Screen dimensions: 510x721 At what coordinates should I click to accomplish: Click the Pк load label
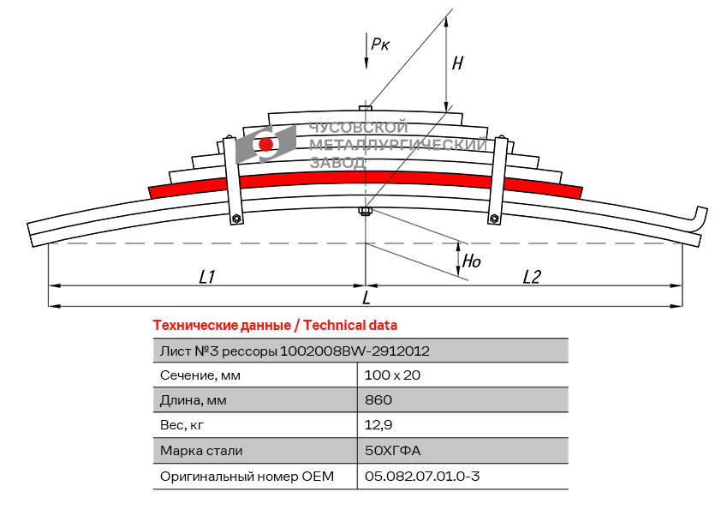[380, 44]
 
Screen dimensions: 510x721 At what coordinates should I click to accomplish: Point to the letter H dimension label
[457, 63]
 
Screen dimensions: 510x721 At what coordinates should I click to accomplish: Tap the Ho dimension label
[471, 261]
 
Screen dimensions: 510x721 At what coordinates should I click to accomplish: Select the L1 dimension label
[206, 276]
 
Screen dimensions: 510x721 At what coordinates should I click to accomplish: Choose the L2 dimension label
[532, 276]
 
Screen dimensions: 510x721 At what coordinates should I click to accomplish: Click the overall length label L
[366, 297]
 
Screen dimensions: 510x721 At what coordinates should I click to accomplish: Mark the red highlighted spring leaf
[366, 179]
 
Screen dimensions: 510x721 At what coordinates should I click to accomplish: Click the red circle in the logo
[266, 144]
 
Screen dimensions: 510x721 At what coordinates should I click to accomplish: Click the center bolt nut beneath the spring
[366, 212]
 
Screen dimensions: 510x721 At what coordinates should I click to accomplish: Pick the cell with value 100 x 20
[392, 375]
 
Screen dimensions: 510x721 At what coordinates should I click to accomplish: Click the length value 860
[378, 399]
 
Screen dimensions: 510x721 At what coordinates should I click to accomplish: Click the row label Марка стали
[200, 450]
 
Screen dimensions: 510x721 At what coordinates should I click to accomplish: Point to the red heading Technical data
[274, 325]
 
